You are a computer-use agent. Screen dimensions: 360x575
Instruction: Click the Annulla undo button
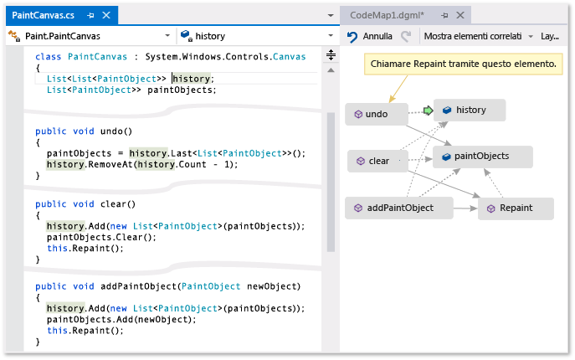(370, 37)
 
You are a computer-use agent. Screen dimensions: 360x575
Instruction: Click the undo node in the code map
(377, 114)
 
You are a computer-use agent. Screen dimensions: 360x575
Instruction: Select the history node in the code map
(470, 111)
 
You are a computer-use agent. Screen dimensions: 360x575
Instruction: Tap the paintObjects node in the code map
(475, 156)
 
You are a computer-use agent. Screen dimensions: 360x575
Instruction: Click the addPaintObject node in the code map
(399, 208)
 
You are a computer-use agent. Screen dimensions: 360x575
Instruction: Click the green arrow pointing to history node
(428, 111)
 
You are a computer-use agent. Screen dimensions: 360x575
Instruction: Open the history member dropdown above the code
(259, 37)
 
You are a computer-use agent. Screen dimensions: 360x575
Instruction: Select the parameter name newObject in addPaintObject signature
(272, 286)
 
